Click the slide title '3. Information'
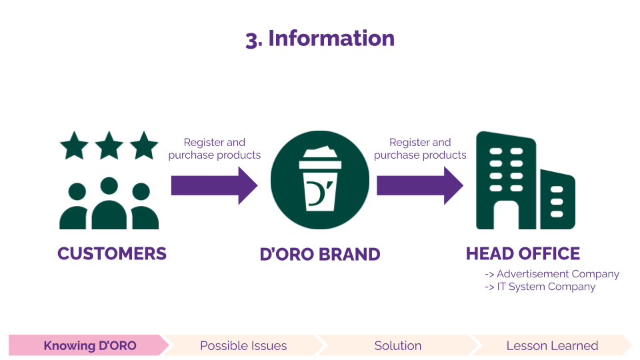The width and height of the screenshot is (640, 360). (x=320, y=39)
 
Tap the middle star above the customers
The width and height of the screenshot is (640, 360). (x=109, y=145)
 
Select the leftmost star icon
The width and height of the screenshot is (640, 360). (x=74, y=145)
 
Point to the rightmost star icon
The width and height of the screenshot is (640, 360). (x=144, y=145)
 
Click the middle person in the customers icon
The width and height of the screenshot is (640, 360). (x=109, y=203)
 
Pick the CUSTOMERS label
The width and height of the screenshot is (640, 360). (x=112, y=254)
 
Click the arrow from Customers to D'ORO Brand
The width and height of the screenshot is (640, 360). (x=213, y=185)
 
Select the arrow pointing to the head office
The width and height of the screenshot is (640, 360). (x=419, y=185)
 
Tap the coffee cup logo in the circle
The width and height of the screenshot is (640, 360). (x=320, y=183)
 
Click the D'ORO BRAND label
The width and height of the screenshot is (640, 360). (x=320, y=255)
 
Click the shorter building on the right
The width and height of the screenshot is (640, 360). (x=557, y=199)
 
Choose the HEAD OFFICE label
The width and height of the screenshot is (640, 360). (x=523, y=254)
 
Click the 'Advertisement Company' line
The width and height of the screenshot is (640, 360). (x=552, y=274)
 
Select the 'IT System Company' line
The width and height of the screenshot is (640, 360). (x=540, y=287)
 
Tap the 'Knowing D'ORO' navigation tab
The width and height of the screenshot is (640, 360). (x=89, y=345)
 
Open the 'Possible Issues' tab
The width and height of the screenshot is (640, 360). (x=243, y=345)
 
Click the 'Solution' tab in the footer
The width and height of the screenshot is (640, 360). (x=398, y=345)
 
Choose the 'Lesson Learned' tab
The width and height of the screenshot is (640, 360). (x=552, y=345)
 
